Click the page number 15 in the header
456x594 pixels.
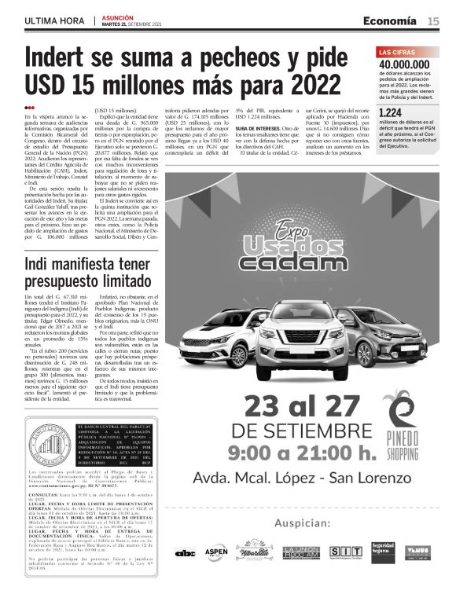click(x=434, y=20)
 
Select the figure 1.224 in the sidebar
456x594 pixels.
click(x=390, y=113)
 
